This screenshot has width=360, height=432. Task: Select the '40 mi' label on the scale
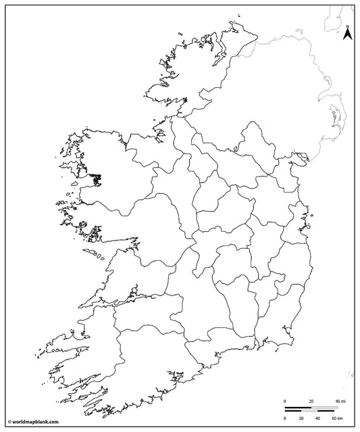340,402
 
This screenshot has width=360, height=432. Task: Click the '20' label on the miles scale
311,402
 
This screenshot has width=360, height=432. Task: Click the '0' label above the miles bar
284,402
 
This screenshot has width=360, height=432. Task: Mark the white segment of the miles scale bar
325,407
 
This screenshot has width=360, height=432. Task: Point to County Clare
128,270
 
